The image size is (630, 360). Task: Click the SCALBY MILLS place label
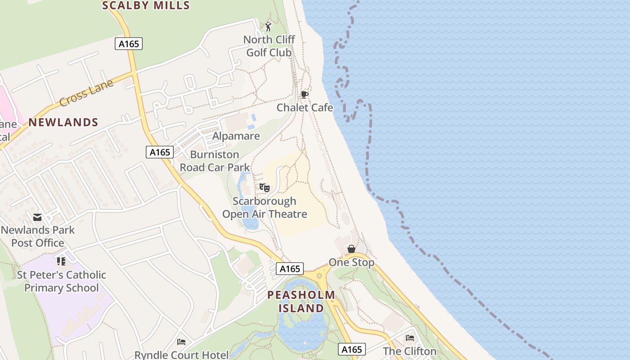coord(146,5)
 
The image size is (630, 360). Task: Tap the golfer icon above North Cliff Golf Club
coord(269,27)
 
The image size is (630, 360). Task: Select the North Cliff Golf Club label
coord(269,46)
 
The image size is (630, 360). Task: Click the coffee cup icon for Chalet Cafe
coord(305,94)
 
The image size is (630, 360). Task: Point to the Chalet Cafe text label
coord(305,108)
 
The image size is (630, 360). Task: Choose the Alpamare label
coord(236,136)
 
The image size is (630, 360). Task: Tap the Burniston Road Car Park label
coord(215,161)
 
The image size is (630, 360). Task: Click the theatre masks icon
coord(264,188)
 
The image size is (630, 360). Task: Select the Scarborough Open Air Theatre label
coord(265,207)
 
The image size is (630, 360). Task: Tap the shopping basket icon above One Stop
coord(351,249)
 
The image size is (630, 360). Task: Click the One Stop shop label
coord(351,262)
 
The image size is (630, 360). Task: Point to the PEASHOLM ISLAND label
coord(301,301)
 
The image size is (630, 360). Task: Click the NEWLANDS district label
coord(63,122)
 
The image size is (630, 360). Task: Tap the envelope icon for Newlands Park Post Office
coord(37,218)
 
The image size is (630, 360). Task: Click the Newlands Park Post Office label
coord(38,236)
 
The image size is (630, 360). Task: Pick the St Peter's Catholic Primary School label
coord(62,281)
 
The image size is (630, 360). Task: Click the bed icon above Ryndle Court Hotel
coord(181,342)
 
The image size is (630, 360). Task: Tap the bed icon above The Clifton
coord(410,338)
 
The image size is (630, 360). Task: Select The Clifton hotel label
coord(409,351)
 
